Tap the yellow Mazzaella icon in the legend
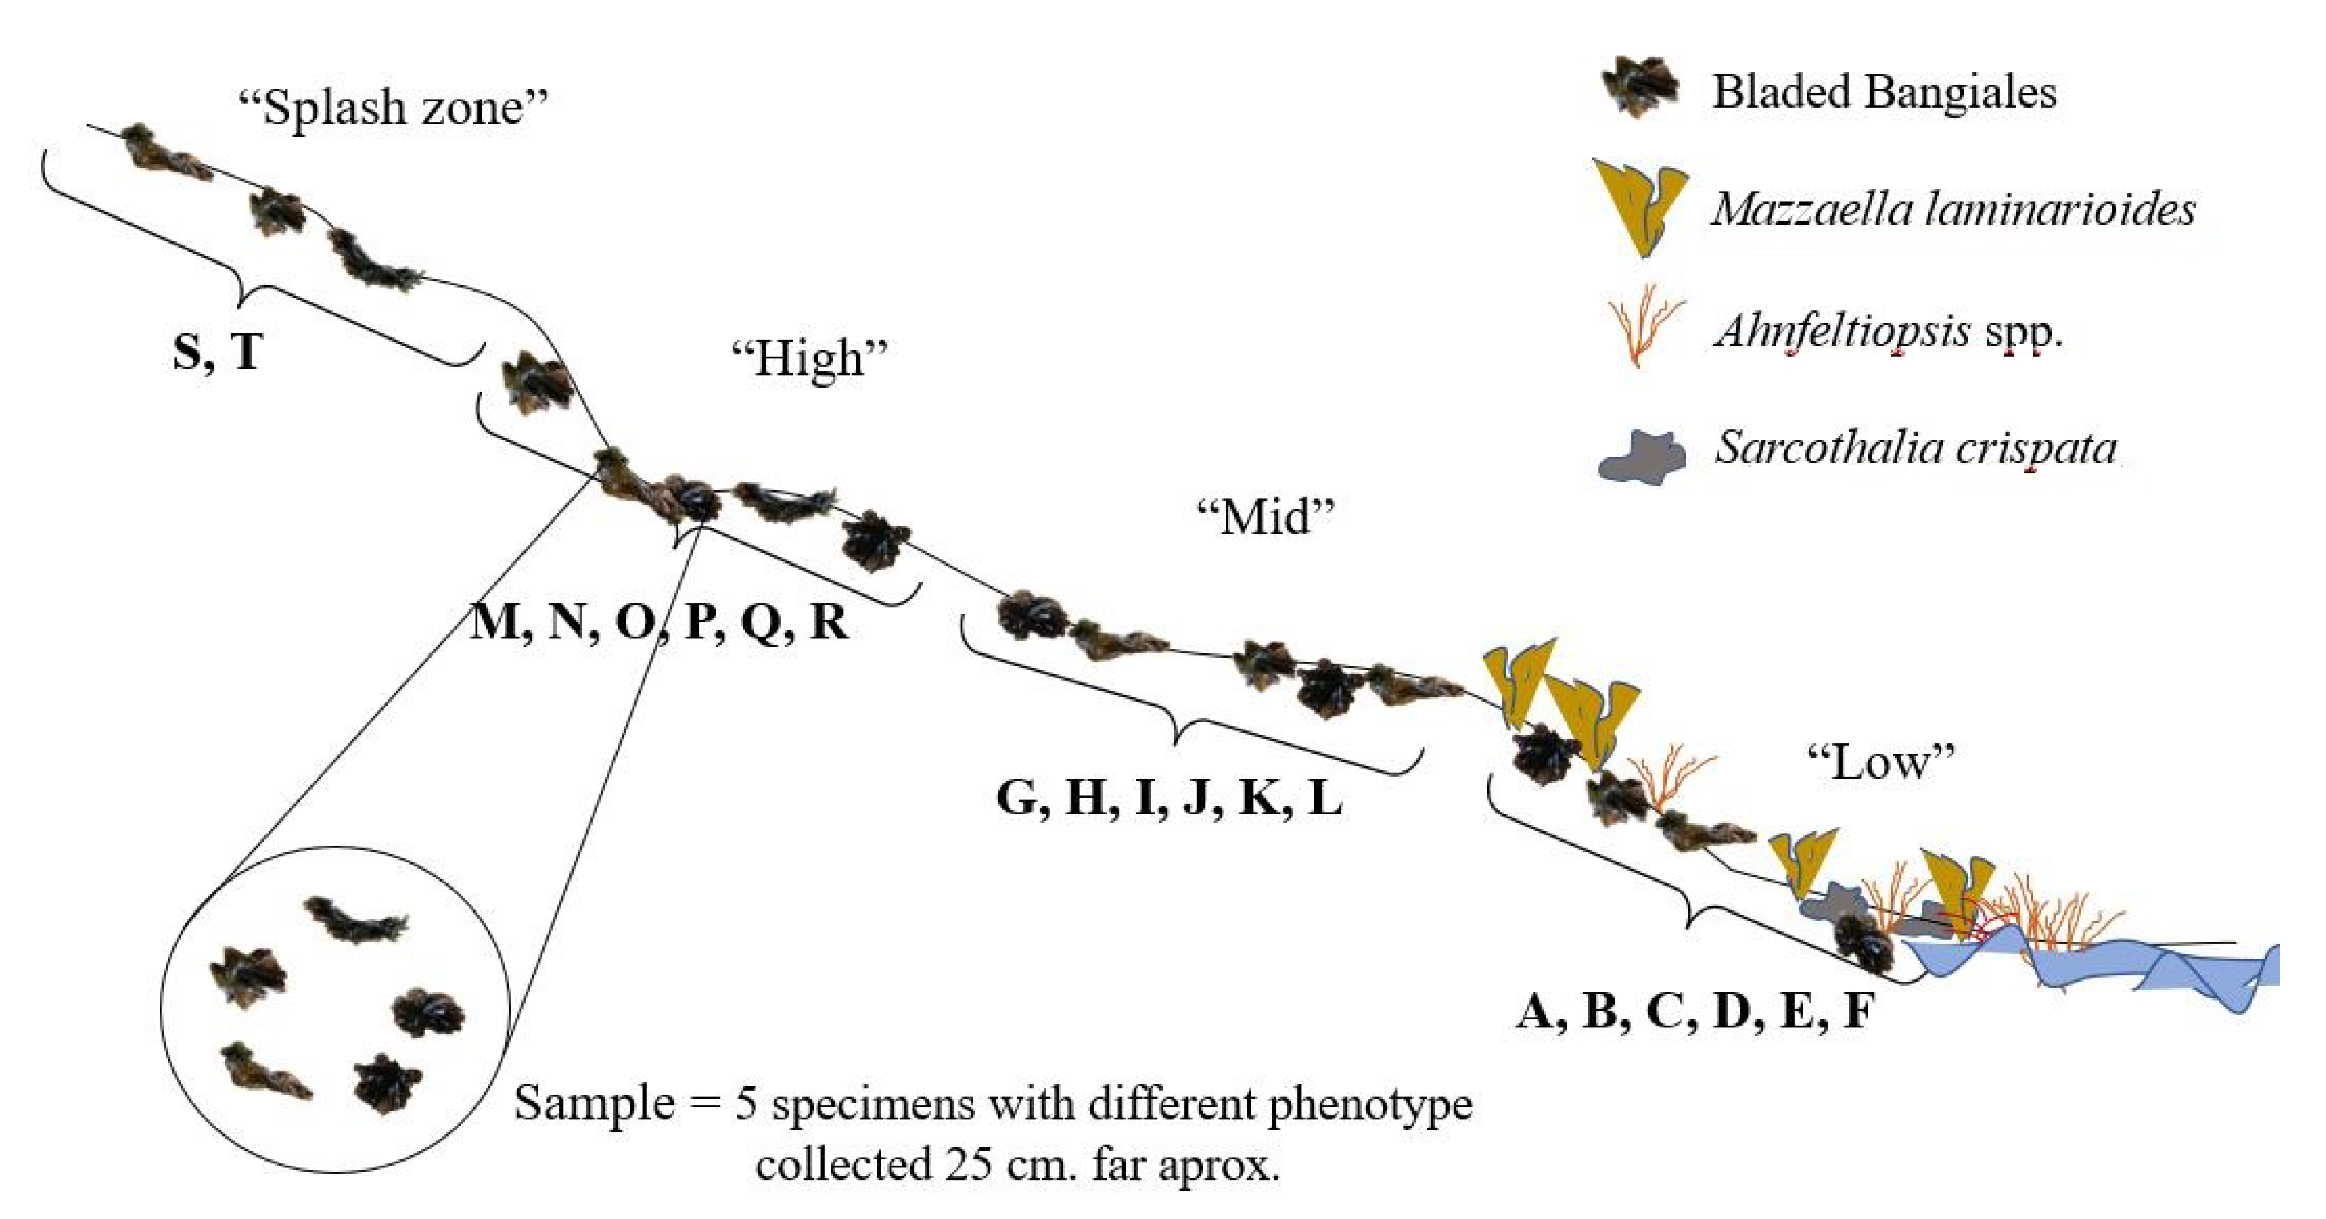1639,208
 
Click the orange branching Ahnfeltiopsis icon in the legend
1645,325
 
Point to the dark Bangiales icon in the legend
1639,89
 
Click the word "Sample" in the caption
594,1103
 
